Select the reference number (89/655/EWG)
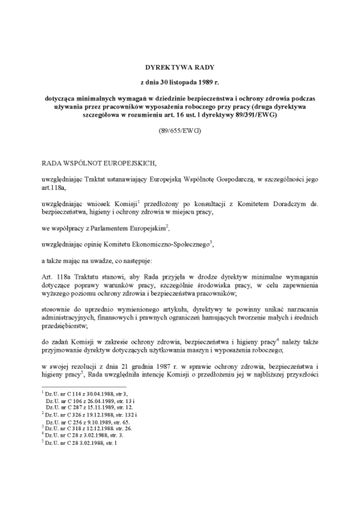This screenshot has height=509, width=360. tap(180, 131)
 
